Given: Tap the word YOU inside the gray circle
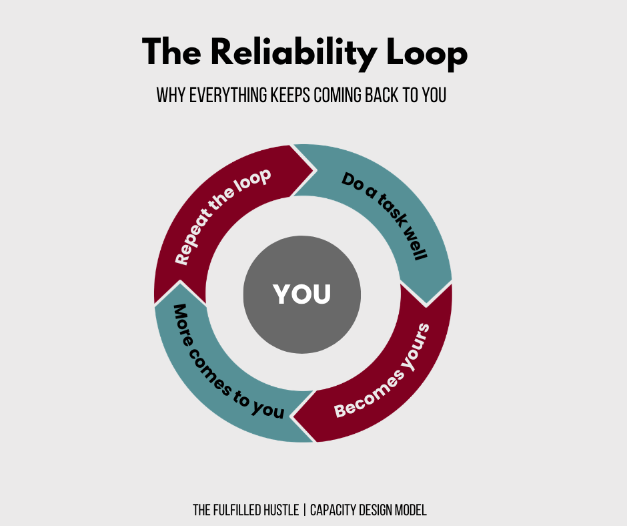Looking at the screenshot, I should click(x=302, y=294).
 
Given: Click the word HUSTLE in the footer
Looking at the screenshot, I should click(x=278, y=511).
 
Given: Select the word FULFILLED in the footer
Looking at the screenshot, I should click(x=235, y=511).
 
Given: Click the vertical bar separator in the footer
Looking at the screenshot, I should click(x=304, y=511).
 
